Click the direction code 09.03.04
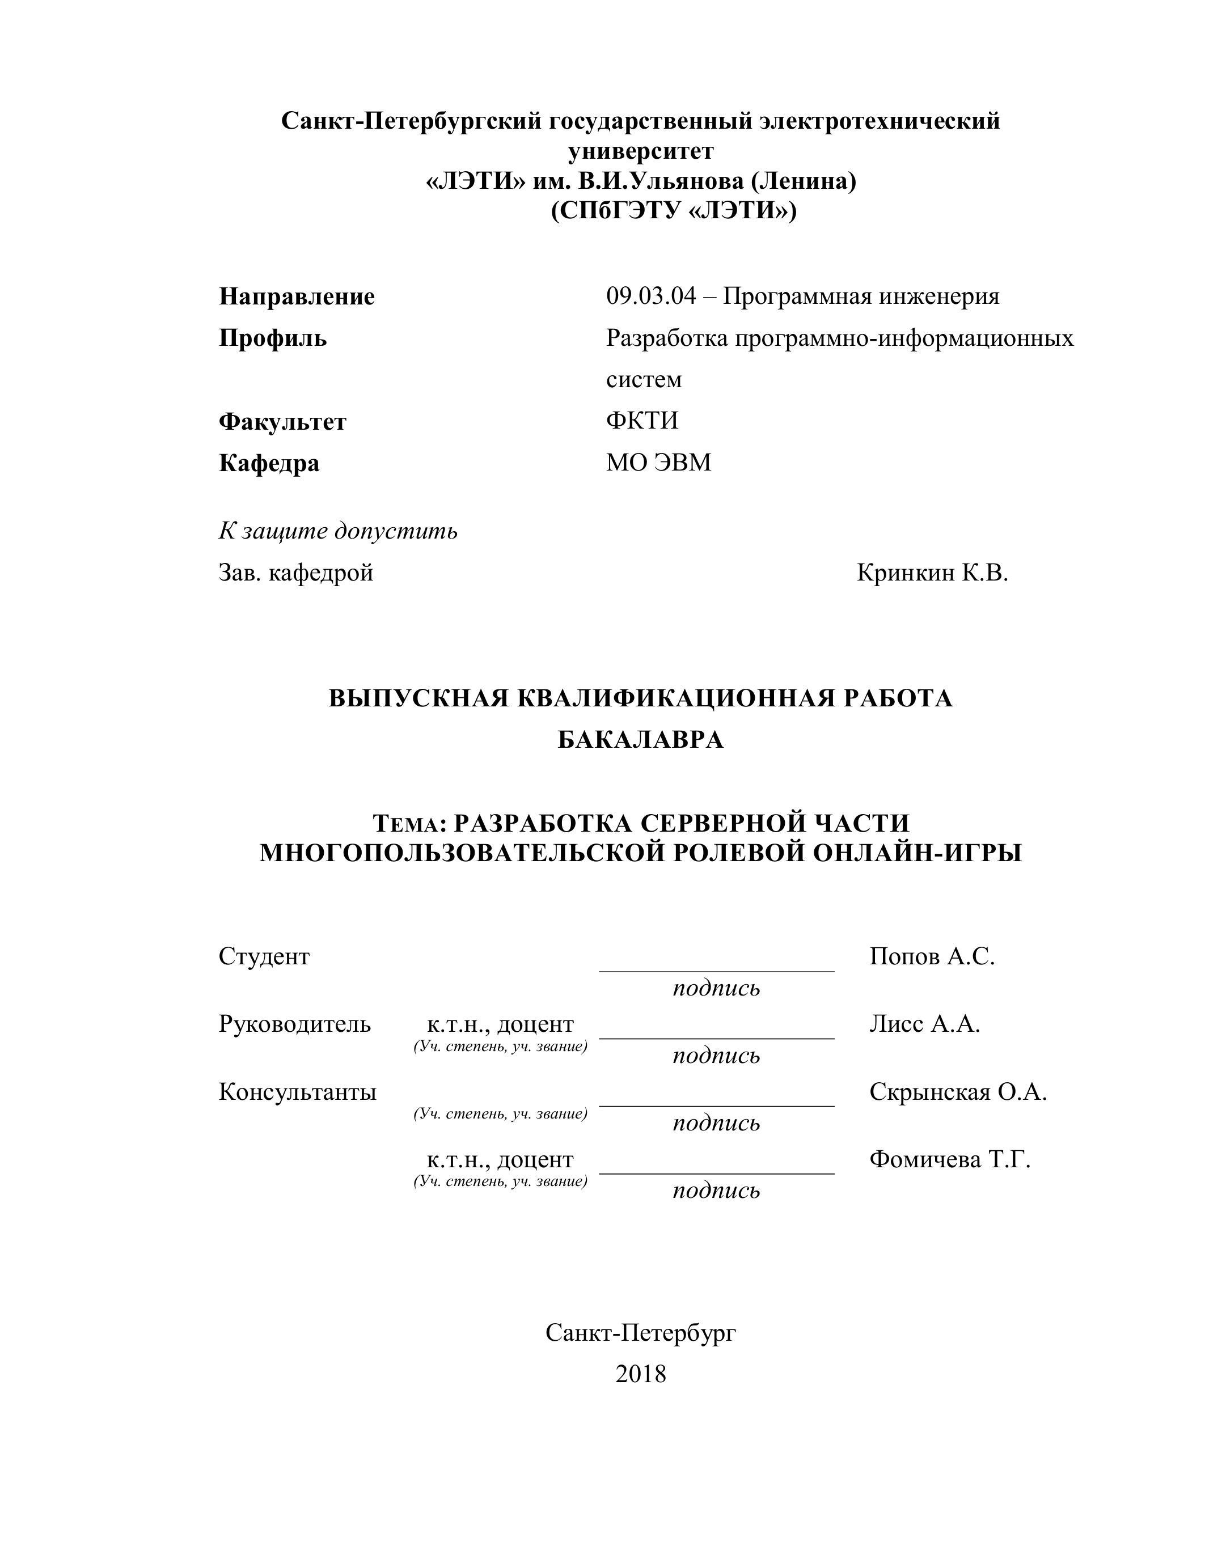pyautogui.click(x=650, y=296)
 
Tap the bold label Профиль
pyautogui.click(x=273, y=338)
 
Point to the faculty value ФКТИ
pyautogui.click(x=642, y=421)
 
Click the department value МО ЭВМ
pyautogui.click(x=658, y=463)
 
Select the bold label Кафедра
pyautogui.click(x=269, y=463)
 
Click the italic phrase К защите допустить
pyautogui.click(x=337, y=531)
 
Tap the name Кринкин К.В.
pyautogui.click(x=932, y=573)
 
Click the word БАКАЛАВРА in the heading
pyautogui.click(x=640, y=740)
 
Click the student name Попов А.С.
pyautogui.click(x=932, y=956)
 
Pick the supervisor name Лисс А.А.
pyautogui.click(x=924, y=1024)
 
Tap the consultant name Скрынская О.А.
pyautogui.click(x=958, y=1092)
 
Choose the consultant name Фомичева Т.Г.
pyautogui.click(x=949, y=1160)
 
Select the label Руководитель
pyautogui.click(x=295, y=1024)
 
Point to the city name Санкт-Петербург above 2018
pyautogui.click(x=640, y=1332)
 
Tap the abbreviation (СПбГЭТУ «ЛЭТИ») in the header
pyautogui.click(x=673, y=211)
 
